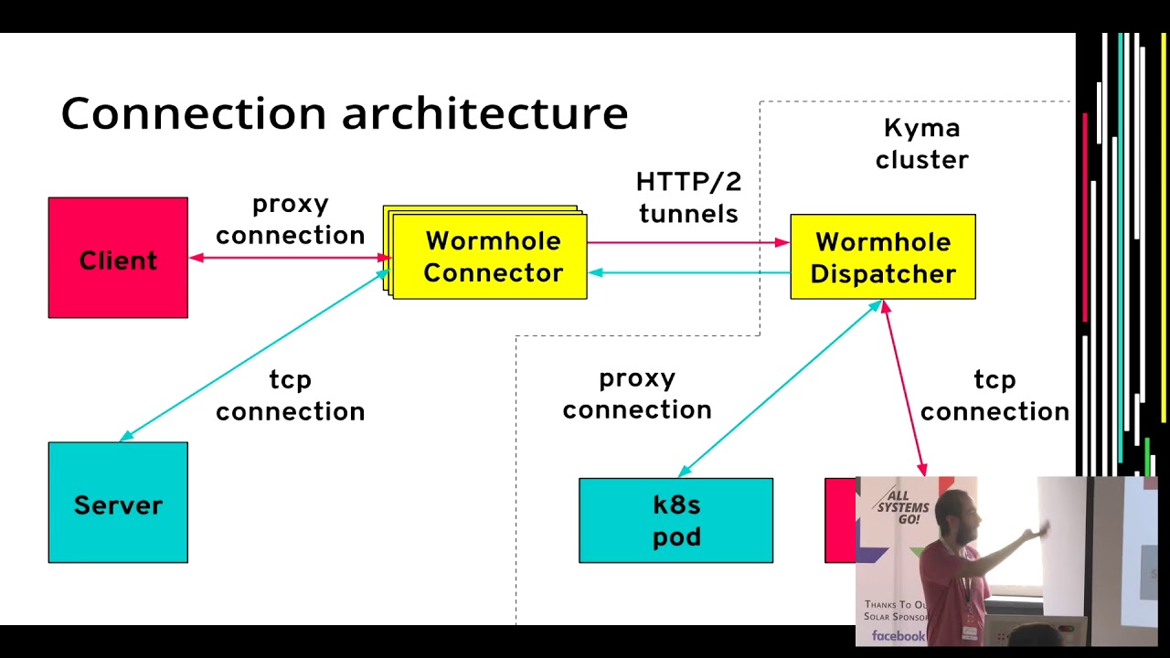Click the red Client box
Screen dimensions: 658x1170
point(118,258)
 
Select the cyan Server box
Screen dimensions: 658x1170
point(118,503)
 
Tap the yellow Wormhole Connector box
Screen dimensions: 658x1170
point(492,257)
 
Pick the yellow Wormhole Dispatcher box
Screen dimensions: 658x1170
point(883,257)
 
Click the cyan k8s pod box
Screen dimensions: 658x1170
point(675,520)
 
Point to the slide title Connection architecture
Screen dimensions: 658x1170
point(344,113)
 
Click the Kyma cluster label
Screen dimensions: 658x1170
point(921,144)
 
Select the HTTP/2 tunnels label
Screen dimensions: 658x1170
point(688,197)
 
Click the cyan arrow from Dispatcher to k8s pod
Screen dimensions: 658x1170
point(779,388)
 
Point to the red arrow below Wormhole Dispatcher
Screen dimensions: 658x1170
point(904,388)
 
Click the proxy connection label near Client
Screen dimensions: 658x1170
point(290,219)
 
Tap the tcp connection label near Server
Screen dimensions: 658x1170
point(290,396)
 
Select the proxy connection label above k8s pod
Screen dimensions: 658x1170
point(637,394)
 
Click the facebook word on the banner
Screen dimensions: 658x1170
point(898,635)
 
